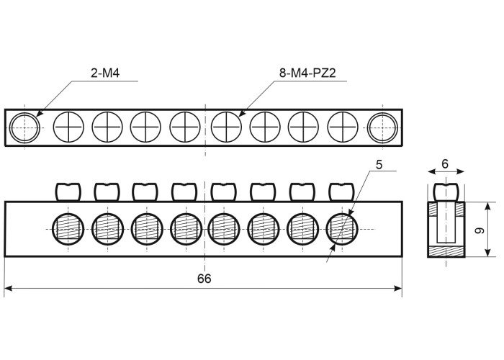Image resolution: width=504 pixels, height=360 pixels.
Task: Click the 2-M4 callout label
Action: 105,73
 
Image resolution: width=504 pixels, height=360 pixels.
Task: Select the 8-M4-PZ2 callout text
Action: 307,73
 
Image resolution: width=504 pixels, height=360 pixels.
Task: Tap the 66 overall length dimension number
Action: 204,279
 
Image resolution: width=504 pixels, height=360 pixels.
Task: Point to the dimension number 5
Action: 379,165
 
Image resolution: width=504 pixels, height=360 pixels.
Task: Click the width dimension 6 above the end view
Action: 445,164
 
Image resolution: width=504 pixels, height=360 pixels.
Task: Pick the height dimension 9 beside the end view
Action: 480,230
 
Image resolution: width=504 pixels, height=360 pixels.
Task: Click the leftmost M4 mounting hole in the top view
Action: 24,127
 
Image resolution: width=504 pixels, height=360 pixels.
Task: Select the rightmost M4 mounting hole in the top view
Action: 383,127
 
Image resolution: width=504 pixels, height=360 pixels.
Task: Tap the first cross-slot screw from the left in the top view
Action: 68,127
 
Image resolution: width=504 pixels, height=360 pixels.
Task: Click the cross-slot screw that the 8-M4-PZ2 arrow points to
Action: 226,127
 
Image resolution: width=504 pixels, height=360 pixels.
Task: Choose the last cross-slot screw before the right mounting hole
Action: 343,127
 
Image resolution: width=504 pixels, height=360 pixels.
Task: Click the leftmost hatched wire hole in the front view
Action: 68,229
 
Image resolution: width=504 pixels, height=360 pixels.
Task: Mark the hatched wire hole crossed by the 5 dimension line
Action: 342,229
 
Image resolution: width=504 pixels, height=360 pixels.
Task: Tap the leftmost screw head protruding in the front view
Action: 68,192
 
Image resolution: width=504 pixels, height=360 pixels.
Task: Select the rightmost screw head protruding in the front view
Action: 341,192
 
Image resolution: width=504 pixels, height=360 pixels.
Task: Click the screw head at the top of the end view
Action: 446,192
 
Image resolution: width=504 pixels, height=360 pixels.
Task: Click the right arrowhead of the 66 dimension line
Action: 398,288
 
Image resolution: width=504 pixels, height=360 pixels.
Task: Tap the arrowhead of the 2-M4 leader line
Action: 40,113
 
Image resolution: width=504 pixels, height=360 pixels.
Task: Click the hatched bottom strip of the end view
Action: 446,252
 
